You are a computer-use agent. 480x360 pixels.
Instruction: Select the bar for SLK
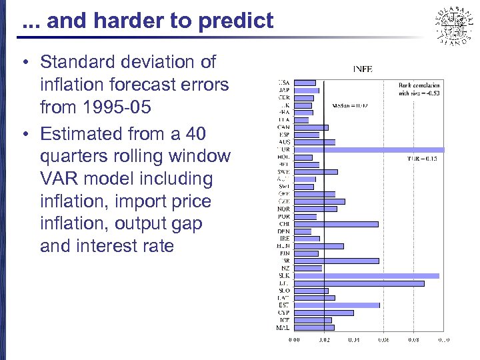pos(367,275)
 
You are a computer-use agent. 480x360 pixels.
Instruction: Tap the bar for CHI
pos(336,224)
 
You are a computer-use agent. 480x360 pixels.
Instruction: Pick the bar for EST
pos(337,305)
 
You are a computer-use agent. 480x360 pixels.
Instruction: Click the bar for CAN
pos(311,127)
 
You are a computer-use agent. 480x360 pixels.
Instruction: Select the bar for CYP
pos(324,313)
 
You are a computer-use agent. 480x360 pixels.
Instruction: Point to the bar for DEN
pos(303,231)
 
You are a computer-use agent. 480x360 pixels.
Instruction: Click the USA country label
pos(284,83)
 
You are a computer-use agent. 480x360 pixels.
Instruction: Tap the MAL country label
pos(283,327)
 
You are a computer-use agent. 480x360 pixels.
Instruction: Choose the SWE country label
pos(284,171)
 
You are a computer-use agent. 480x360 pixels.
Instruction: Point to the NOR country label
pos(284,209)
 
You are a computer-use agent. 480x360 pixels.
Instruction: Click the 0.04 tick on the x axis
pos(354,340)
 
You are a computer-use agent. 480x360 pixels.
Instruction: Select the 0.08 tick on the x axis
pos(413,340)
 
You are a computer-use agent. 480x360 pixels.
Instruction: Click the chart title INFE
pos(362,68)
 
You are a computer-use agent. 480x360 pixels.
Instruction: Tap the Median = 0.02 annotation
pos(350,105)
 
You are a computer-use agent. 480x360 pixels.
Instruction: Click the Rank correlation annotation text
pos(418,89)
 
